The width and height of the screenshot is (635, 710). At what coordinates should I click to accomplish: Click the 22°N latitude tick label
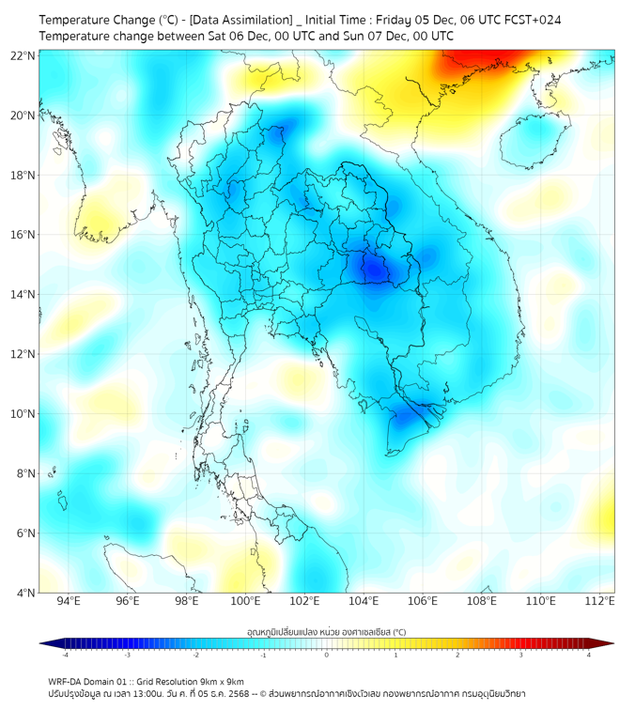coord(24,55)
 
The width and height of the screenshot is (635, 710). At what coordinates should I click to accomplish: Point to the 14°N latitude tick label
coord(24,294)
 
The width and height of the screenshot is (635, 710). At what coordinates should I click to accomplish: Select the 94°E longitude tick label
coord(69,601)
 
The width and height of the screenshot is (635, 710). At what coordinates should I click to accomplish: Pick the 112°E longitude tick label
coord(600,601)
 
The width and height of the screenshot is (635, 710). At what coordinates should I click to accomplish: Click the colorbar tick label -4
coord(64,655)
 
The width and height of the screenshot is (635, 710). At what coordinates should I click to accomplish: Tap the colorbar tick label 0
coord(327,655)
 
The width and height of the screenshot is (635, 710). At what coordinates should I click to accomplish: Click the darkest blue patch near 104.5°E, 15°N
coord(375,270)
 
